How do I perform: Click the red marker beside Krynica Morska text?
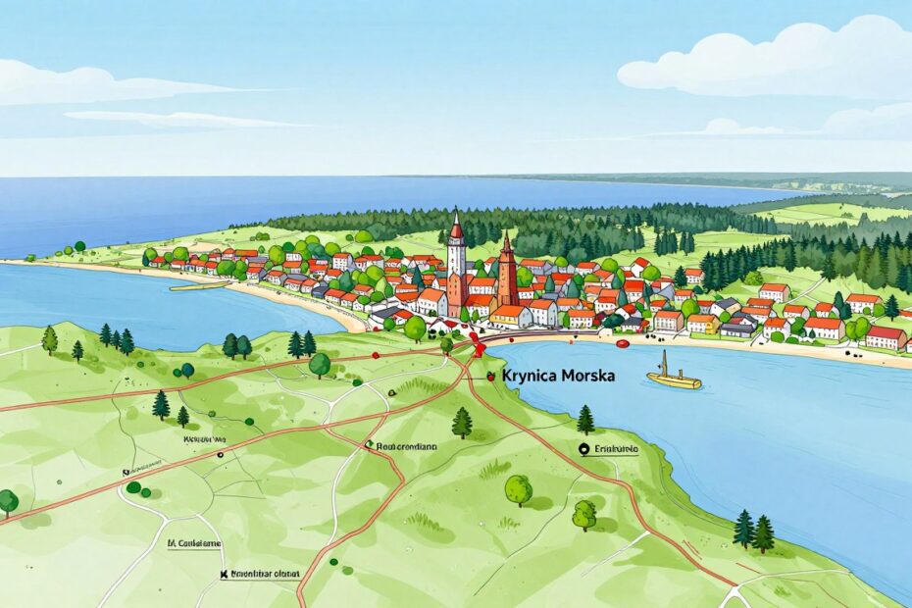490,376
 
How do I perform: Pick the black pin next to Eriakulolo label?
585,449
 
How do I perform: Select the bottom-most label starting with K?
263,574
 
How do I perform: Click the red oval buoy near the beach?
622,344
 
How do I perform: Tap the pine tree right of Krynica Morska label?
585,420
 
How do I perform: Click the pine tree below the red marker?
462,423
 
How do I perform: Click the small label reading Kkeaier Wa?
205,440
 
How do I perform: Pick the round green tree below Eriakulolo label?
518,488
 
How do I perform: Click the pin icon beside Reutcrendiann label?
369,444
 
